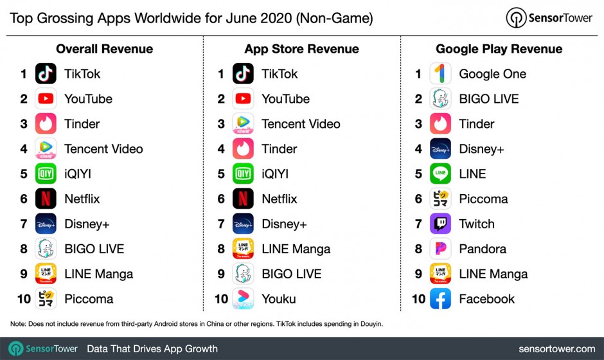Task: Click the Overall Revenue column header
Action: pos(104,49)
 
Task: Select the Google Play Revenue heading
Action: pos(499,49)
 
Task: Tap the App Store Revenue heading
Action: pos(301,49)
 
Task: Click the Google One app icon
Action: pos(440,74)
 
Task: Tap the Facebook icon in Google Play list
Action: pos(440,299)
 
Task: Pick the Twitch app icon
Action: pos(440,224)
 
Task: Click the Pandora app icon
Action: pos(440,249)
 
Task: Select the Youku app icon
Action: pos(243,299)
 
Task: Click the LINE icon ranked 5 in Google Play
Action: pos(440,174)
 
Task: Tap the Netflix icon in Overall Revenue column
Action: pos(46,199)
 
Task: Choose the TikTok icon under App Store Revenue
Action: pos(243,74)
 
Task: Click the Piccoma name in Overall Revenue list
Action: pos(89,299)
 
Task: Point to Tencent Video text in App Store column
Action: pos(301,124)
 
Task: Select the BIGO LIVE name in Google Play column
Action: pos(488,99)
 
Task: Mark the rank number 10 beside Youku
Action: pos(221,299)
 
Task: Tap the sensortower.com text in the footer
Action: pos(556,349)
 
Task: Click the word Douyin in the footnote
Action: pos(369,324)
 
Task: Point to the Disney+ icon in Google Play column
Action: pos(440,148)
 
